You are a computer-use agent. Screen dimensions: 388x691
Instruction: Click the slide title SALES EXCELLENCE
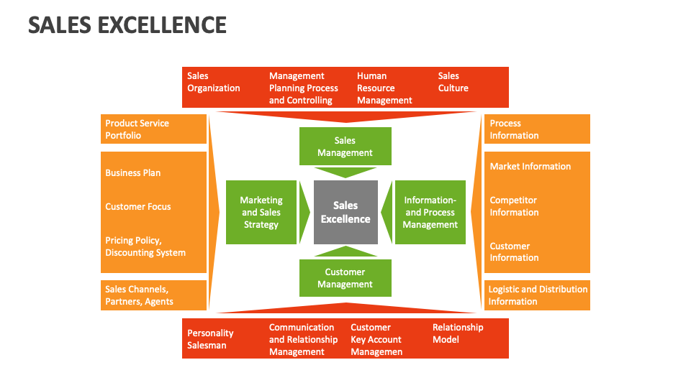[x=127, y=25]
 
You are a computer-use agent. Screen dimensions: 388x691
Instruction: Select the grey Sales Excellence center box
[x=345, y=213]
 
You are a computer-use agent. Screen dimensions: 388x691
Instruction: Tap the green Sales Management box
[x=345, y=147]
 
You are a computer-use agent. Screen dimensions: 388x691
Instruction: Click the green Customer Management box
[x=345, y=278]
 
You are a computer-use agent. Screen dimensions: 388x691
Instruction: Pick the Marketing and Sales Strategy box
[x=261, y=213]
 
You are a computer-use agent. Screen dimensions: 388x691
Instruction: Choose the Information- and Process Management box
[x=430, y=213]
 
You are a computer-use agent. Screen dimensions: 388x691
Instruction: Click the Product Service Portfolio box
[x=153, y=129]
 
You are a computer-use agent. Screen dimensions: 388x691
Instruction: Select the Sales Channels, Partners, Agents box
[x=153, y=295]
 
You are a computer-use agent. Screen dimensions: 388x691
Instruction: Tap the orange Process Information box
[x=536, y=129]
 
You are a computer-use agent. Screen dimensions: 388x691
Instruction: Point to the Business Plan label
[x=133, y=173]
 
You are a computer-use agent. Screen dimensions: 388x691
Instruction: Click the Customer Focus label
[x=138, y=207]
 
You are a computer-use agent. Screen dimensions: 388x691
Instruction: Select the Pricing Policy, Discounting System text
[x=145, y=246]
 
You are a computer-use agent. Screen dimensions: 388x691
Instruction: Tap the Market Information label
[x=530, y=167]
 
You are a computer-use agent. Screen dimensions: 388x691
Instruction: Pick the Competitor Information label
[x=514, y=206]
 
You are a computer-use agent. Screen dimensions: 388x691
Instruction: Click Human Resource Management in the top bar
[x=384, y=88]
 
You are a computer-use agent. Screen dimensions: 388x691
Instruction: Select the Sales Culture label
[x=453, y=82]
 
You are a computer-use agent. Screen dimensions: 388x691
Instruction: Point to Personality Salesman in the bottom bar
[x=210, y=339]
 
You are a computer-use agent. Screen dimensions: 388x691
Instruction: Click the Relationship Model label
[x=458, y=333]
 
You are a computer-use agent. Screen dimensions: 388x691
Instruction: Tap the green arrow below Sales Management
[x=345, y=172]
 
